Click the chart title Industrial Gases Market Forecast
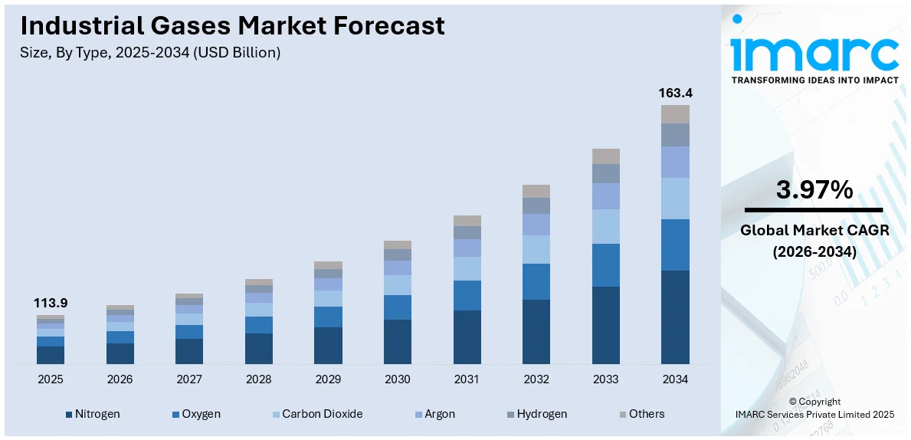point(232,25)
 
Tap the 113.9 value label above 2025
point(50,303)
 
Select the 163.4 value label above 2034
point(675,93)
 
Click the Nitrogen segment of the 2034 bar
point(675,317)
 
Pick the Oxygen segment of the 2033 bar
point(605,265)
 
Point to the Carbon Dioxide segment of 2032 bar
point(536,249)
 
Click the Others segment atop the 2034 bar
point(675,114)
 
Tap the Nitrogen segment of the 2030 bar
point(397,341)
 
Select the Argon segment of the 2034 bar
point(675,162)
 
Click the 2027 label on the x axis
point(189,379)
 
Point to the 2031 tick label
point(467,379)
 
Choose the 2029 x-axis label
point(328,379)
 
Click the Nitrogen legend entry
point(93,414)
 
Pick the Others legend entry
point(641,414)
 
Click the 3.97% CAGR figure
point(814,189)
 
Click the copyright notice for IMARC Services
point(814,408)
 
